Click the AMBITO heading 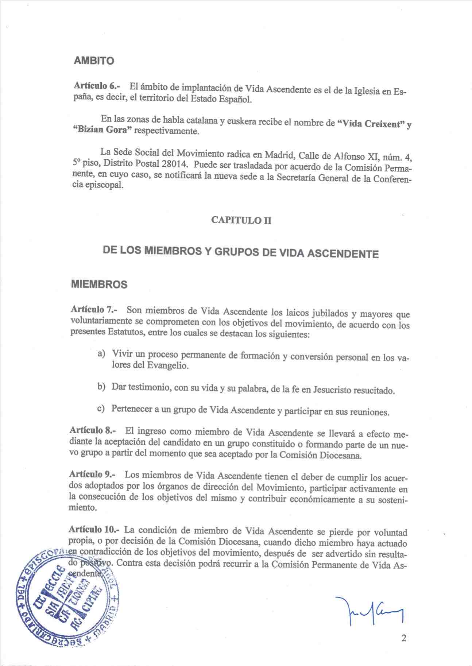(94, 61)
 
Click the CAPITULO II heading (241, 221)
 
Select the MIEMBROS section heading (99, 284)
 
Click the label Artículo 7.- (93, 309)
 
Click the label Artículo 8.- (93, 430)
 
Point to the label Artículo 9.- (92, 474)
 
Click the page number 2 (403, 638)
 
